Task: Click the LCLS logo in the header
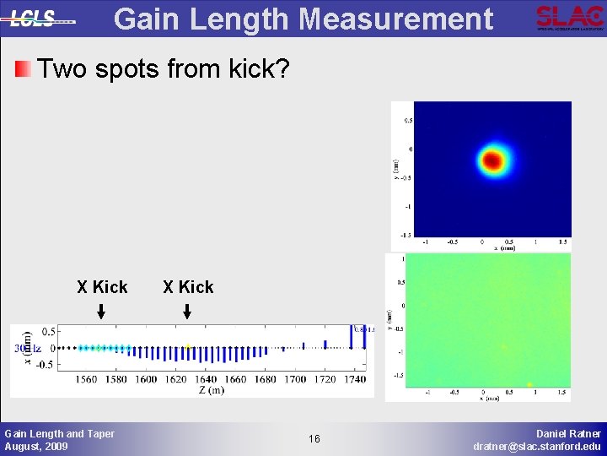[38, 18]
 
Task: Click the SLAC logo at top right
[570, 17]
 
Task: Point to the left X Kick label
[102, 287]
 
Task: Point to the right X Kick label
[188, 287]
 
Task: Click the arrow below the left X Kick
[101, 312]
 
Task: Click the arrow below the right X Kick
[187, 312]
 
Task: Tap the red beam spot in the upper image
[491, 160]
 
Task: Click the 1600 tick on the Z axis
[146, 379]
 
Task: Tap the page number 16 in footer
[314, 439]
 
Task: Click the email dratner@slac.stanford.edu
[537, 446]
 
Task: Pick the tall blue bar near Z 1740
[350, 337]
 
